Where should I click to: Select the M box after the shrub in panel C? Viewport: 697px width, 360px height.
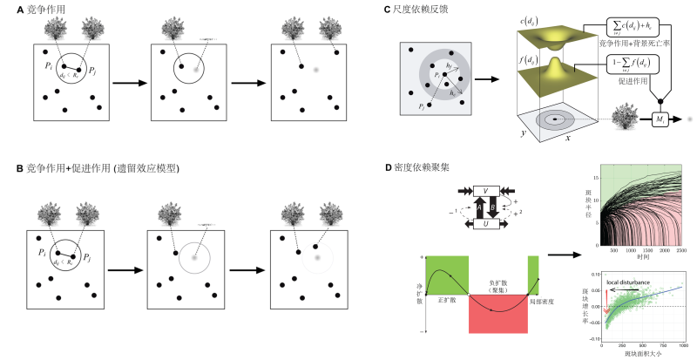660,118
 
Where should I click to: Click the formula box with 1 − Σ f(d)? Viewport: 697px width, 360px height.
633,64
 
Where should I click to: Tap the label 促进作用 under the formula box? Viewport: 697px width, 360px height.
633,85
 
